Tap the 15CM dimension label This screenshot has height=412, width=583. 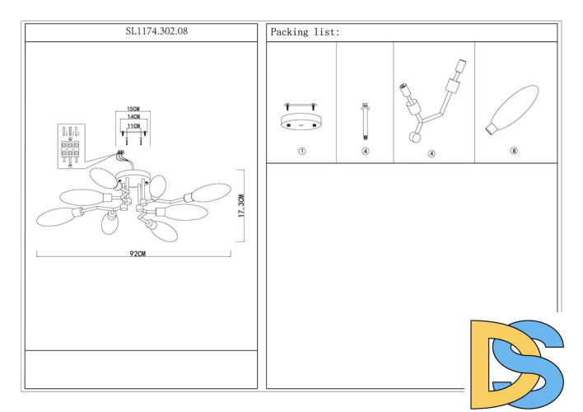pos(133,110)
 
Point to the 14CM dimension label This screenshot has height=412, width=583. pos(133,118)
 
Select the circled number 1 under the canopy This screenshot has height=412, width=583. pos(302,152)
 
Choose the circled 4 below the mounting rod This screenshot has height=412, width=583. pos(365,152)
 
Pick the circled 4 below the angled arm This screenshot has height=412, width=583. pos(431,153)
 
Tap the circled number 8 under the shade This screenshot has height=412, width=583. pos(514,151)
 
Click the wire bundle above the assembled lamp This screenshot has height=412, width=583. pos(121,156)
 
